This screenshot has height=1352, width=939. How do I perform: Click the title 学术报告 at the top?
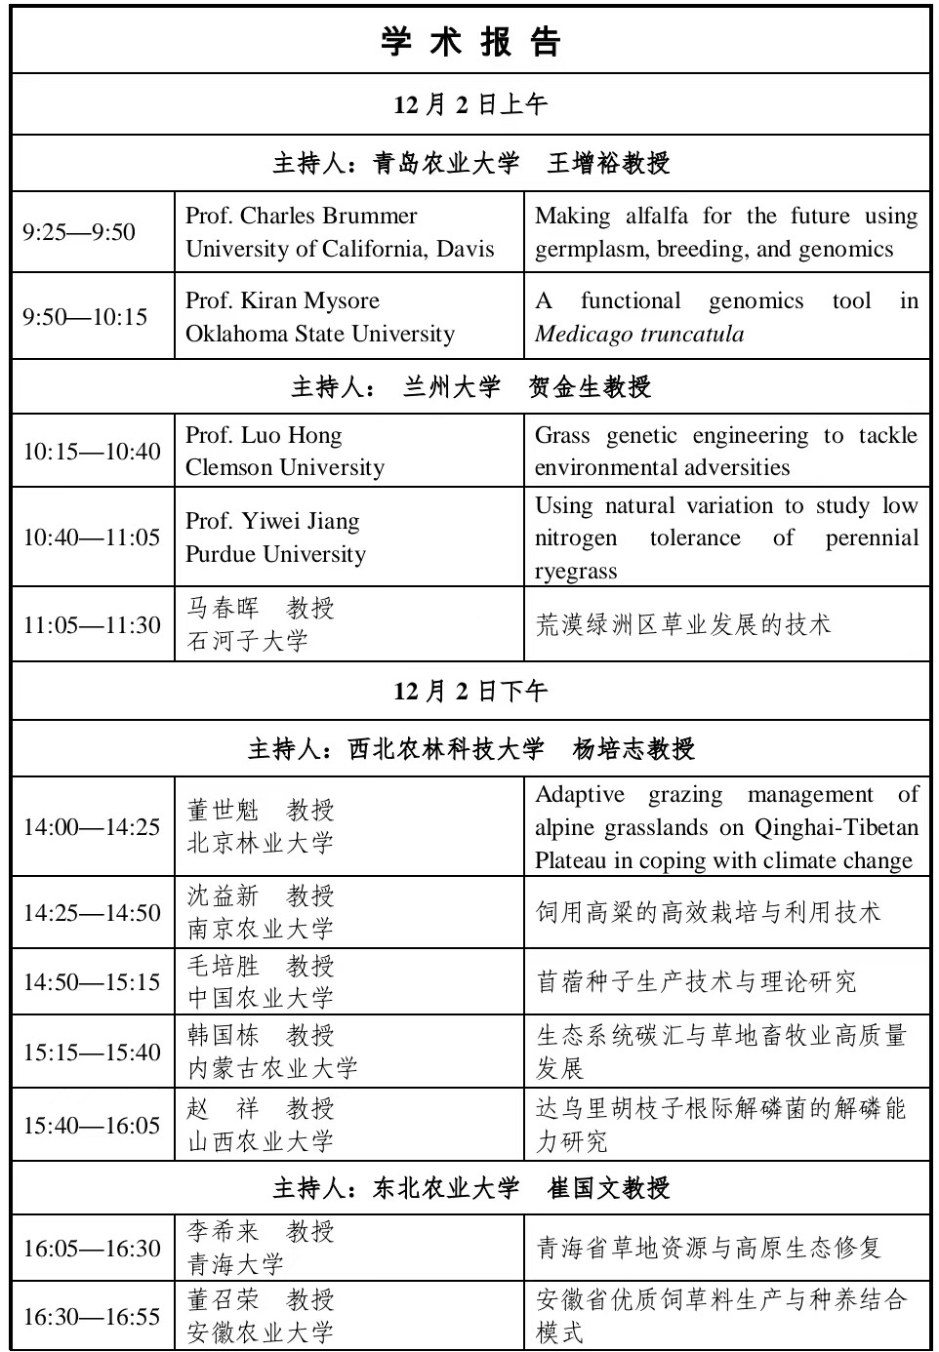[x=470, y=42]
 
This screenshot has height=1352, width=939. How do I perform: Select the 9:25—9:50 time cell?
[x=79, y=232]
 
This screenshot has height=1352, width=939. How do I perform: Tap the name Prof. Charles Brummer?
[x=301, y=216]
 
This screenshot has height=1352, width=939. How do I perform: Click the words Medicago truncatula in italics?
[x=639, y=334]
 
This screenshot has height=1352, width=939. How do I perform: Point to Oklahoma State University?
[x=320, y=334]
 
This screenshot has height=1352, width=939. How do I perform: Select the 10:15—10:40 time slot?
[x=92, y=452]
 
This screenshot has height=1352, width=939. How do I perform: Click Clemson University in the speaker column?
[x=285, y=467]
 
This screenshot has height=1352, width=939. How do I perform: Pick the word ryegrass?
[x=576, y=571]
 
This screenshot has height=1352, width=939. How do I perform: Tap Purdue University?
[x=275, y=554]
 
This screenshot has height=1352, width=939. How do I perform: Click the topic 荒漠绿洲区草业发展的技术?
[x=682, y=624]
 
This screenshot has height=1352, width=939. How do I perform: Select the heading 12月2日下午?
[x=470, y=692]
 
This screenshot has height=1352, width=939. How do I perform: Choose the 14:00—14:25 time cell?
[x=92, y=827]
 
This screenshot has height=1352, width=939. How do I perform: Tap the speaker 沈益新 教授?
[x=261, y=895]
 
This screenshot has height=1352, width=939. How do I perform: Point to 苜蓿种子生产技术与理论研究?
[x=696, y=981]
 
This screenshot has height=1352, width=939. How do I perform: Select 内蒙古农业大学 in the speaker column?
[x=272, y=1068]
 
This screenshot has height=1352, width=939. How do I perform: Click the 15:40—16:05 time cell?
[x=92, y=1125]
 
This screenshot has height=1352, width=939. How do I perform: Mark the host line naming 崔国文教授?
[x=470, y=1188]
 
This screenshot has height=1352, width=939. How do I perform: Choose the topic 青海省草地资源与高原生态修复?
[x=709, y=1248]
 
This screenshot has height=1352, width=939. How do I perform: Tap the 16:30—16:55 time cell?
[x=92, y=1317]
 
